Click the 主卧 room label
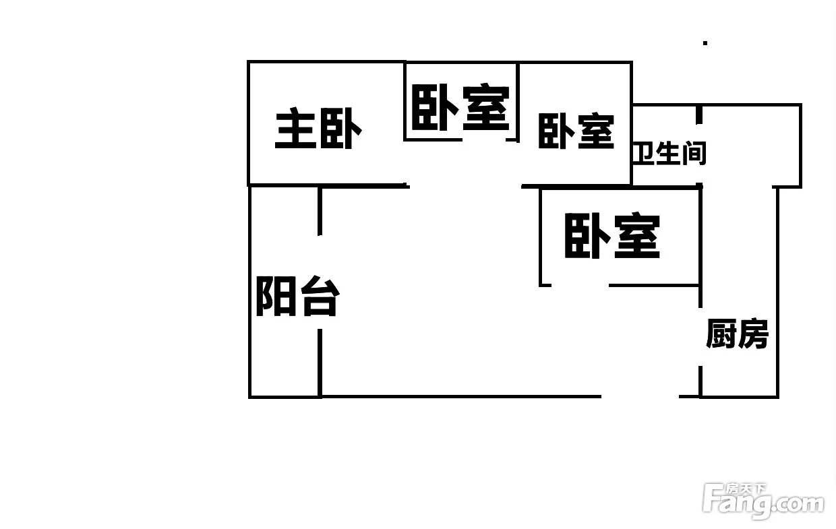point(318,128)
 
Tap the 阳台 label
point(297,297)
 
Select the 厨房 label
point(737,334)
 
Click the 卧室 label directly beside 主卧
point(460,107)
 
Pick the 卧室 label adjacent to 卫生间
point(576,131)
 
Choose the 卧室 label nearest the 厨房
point(612,236)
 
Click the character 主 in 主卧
point(294,128)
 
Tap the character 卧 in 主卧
point(341,129)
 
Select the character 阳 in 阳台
point(276,297)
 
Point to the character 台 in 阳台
point(320,297)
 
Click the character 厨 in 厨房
point(721,334)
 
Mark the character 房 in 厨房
point(753,334)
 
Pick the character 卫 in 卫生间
point(643,154)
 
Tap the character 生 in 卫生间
point(668,153)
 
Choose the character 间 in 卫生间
point(694,154)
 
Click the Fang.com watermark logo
point(763,501)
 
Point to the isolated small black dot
point(705,43)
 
